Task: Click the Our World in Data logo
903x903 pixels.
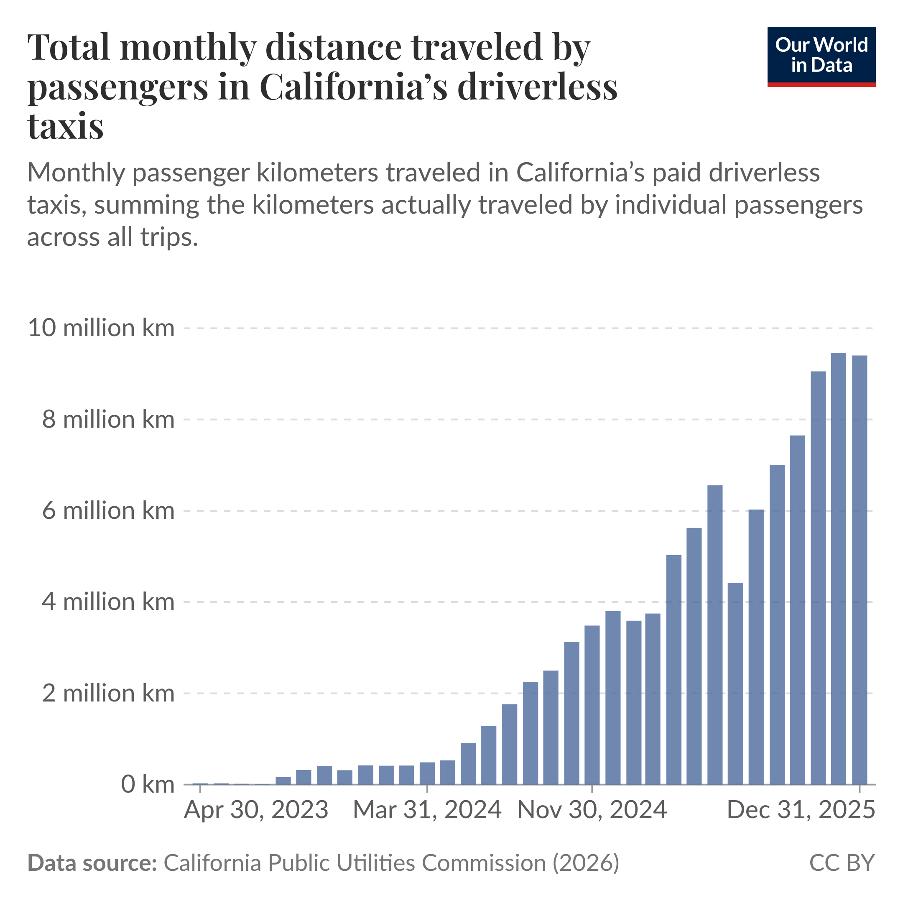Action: pos(821,56)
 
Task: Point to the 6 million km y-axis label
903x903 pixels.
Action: pos(108,510)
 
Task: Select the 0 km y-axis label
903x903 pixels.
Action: pos(147,784)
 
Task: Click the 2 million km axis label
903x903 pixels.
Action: pos(108,693)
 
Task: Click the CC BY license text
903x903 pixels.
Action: pos(841,863)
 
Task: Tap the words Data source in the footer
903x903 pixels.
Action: pos(92,863)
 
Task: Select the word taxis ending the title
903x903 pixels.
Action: pos(66,126)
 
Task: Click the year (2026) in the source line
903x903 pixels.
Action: pos(586,863)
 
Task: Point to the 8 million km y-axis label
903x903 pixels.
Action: pos(108,419)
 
